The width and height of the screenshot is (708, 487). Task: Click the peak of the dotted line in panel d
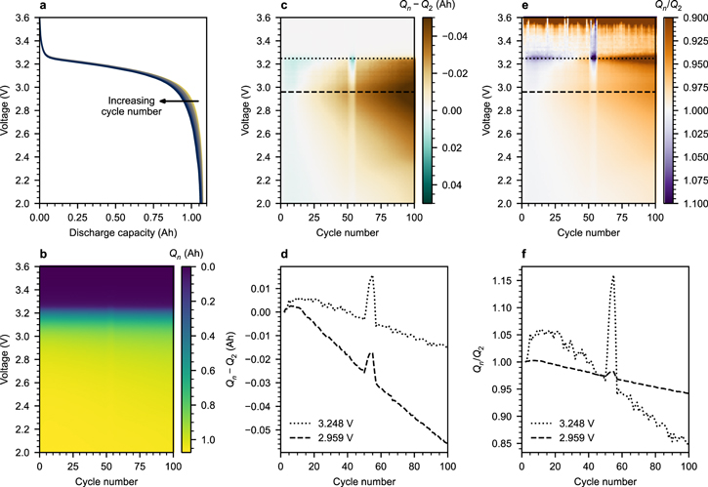pos(371,276)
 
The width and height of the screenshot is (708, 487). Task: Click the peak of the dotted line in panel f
pos(612,276)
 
